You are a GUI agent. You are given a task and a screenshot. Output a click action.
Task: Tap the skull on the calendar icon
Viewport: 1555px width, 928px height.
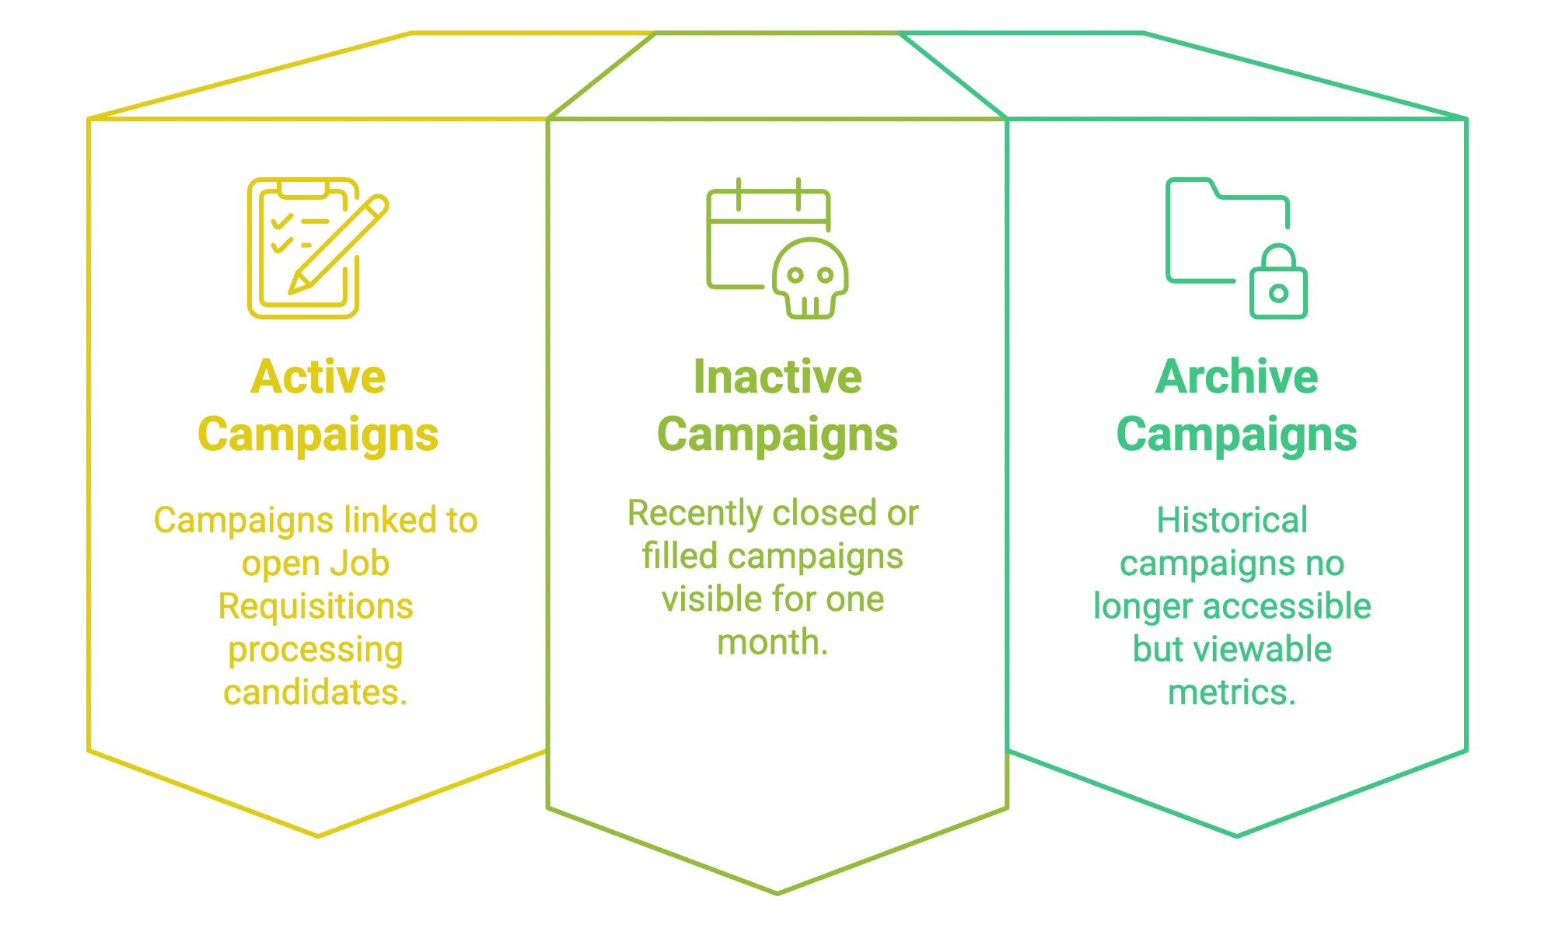pyautogui.click(x=809, y=277)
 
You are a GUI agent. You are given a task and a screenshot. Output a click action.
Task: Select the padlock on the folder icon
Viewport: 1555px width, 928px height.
pyautogui.click(x=1278, y=285)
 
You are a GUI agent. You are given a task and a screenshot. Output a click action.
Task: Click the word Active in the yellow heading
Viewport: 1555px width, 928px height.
pyautogui.click(x=318, y=378)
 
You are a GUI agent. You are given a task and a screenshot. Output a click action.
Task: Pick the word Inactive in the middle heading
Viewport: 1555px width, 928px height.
pyautogui.click(x=777, y=378)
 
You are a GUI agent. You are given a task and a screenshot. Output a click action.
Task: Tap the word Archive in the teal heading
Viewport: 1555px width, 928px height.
pyautogui.click(x=1236, y=378)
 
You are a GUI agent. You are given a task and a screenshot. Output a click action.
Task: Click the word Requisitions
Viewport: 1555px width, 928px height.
pyautogui.click(x=316, y=607)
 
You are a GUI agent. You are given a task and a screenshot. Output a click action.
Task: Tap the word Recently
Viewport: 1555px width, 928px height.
pyautogui.click(x=695, y=514)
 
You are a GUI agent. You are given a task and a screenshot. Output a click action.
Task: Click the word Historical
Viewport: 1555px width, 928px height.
pyautogui.click(x=1232, y=521)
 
